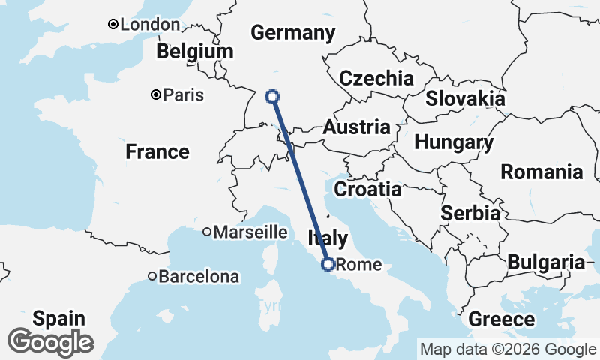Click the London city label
(150, 25)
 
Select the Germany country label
(292, 33)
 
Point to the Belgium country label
(195, 52)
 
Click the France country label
(157, 152)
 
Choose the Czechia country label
(376, 79)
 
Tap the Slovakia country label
(465, 98)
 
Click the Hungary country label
(454, 142)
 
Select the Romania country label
(541, 172)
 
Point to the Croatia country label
(367, 189)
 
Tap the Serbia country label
(470, 213)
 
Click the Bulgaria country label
(546, 262)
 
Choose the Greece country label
(502, 319)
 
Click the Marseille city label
(250, 232)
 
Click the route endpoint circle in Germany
(273, 96)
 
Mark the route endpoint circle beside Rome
(328, 263)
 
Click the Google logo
(50, 342)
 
